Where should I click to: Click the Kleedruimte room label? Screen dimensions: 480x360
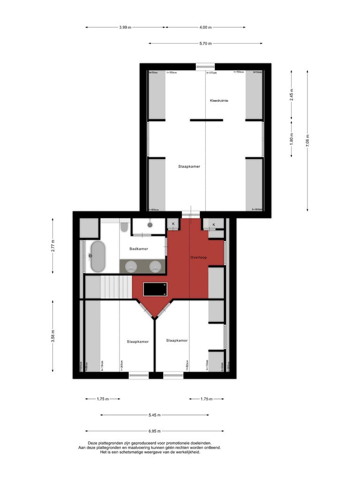pyautogui.click(x=219, y=101)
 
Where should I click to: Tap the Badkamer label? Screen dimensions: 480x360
pyautogui.click(x=139, y=249)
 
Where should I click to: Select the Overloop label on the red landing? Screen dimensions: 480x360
pyautogui.click(x=199, y=257)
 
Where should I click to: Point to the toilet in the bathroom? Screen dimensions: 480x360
pyautogui.click(x=124, y=227)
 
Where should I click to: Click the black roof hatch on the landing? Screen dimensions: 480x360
pyautogui.click(x=155, y=289)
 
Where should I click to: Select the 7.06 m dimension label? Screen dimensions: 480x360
pyautogui.click(x=307, y=141)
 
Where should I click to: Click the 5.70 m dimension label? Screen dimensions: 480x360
pyautogui.click(x=206, y=44)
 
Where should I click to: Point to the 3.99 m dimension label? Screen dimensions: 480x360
pyautogui.click(x=125, y=27)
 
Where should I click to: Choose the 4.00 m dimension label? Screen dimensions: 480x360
pyautogui.click(x=205, y=27)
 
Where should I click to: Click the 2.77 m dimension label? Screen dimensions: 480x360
pyautogui.click(x=53, y=245)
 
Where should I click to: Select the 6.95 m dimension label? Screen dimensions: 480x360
pyautogui.click(x=154, y=431)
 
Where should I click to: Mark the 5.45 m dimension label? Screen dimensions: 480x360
pyautogui.click(x=154, y=415)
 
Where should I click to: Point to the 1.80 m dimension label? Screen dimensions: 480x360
pyautogui.click(x=292, y=139)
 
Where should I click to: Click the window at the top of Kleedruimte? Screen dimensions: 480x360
pyautogui.click(x=205, y=66)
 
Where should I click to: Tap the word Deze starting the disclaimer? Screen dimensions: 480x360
pyautogui.click(x=94, y=443)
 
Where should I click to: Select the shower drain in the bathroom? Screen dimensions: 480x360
pyautogui.click(x=150, y=225)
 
